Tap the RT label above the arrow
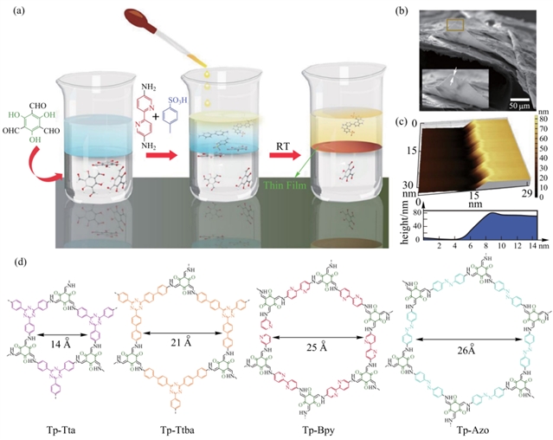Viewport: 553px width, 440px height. click(281, 135)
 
